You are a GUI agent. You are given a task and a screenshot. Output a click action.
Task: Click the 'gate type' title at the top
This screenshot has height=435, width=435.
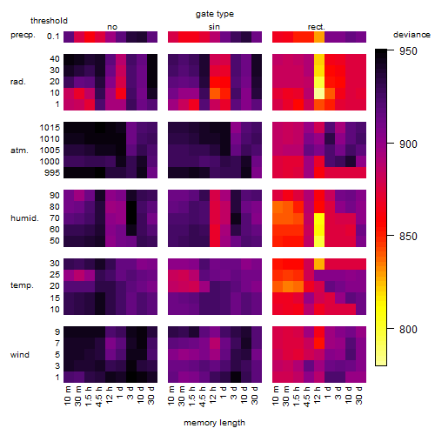pyautogui.click(x=215, y=14)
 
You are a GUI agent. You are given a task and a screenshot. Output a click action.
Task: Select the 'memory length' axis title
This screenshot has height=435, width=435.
pyautogui.click(x=214, y=423)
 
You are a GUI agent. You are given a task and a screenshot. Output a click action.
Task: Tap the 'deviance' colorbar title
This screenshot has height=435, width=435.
pyautogui.click(x=412, y=35)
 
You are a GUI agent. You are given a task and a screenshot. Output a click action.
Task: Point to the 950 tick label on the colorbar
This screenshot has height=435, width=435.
pyautogui.click(x=408, y=51)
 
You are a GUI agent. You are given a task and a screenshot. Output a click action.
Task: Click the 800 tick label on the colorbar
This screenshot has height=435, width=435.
pyautogui.click(x=408, y=330)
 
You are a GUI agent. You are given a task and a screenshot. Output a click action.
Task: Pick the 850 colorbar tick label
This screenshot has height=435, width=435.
pyautogui.click(x=408, y=237)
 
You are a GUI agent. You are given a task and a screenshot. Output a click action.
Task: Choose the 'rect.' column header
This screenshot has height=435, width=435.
pyautogui.click(x=316, y=27)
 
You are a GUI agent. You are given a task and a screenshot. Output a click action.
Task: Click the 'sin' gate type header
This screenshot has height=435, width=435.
pyautogui.click(x=214, y=27)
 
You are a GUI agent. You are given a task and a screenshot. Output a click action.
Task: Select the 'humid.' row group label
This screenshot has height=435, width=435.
pyautogui.click(x=24, y=218)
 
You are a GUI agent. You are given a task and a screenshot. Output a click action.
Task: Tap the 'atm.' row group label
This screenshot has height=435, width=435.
pyautogui.click(x=19, y=151)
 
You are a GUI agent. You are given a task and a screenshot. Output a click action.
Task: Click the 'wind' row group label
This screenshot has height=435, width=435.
pyautogui.click(x=20, y=355)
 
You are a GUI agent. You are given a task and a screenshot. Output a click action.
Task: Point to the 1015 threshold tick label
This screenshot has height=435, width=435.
pyautogui.click(x=50, y=128)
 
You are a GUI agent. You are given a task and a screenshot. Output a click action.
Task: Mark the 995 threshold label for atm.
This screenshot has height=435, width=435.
pyautogui.click(x=52, y=173)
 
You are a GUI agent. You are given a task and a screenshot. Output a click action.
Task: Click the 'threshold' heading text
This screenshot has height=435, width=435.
pyautogui.click(x=49, y=21)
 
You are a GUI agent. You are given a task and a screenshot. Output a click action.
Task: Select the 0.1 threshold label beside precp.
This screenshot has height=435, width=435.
pyautogui.click(x=53, y=37)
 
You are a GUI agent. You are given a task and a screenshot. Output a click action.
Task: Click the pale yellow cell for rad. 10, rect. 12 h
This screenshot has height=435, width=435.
pyautogui.click(x=319, y=93)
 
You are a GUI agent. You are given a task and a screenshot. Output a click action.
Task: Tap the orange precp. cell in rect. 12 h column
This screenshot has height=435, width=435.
pyautogui.click(x=319, y=37)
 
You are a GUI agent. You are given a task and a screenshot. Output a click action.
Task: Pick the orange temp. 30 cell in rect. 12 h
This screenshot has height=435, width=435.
pyautogui.click(x=319, y=264)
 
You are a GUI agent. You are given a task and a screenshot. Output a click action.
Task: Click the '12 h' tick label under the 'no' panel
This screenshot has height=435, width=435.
pyautogui.click(x=110, y=395)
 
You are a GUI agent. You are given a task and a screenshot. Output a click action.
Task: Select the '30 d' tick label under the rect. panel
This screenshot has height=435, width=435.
pyautogui.click(x=358, y=395)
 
